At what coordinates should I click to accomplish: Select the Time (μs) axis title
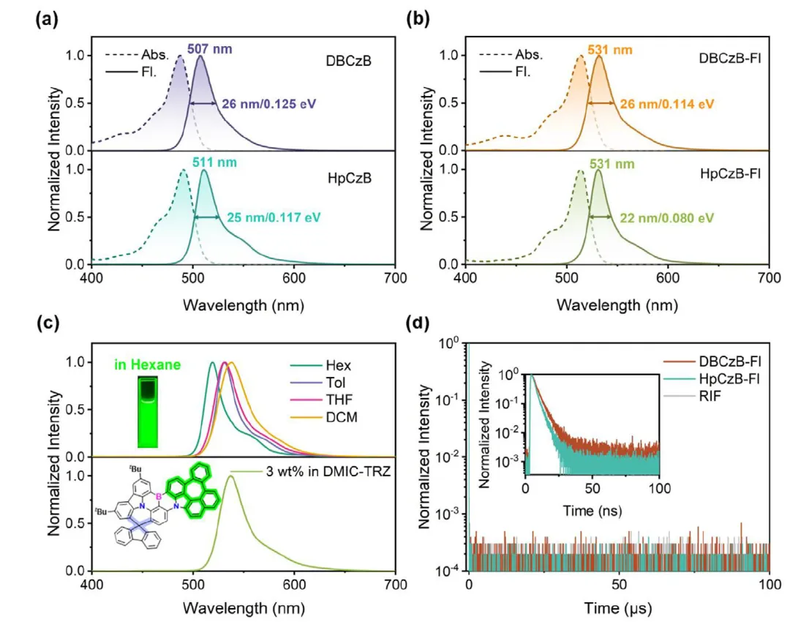click(x=619, y=607)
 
